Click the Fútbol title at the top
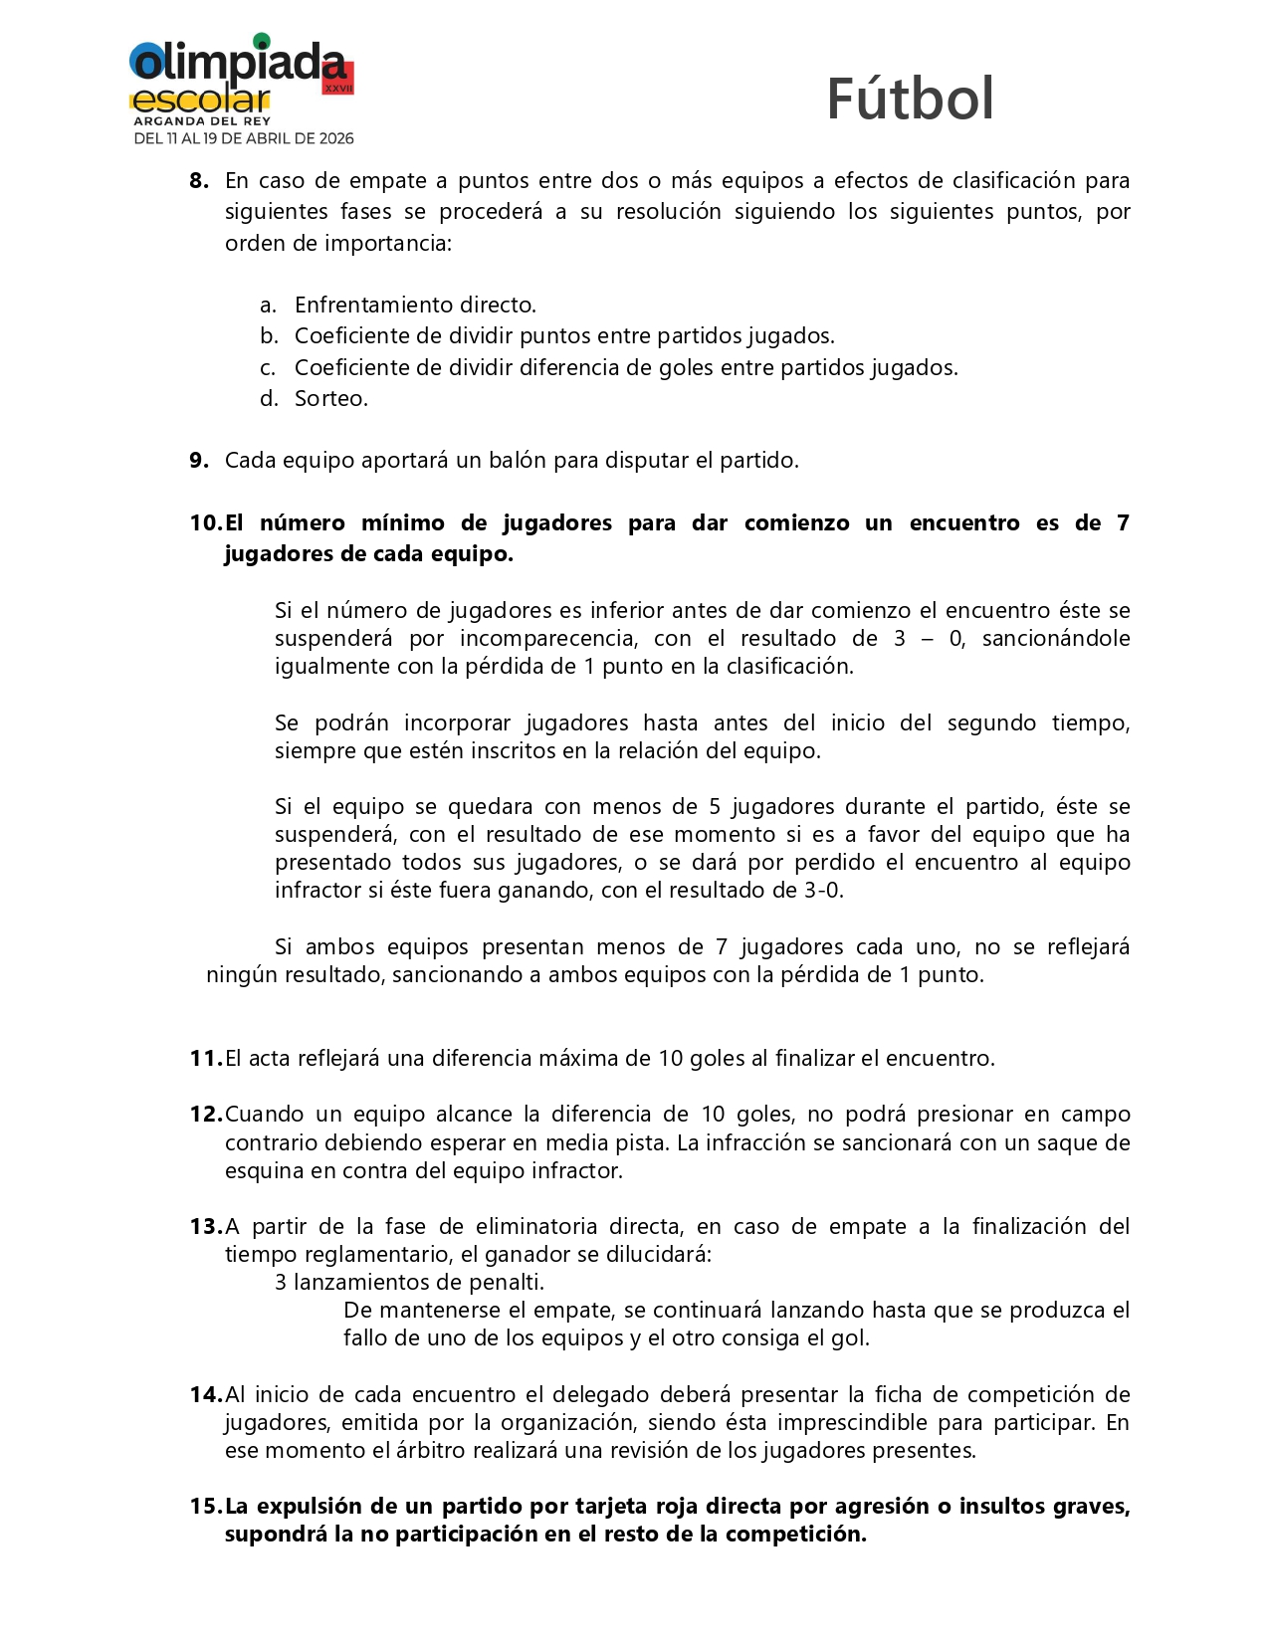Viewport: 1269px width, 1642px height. (910, 100)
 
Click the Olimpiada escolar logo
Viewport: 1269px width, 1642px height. (241, 89)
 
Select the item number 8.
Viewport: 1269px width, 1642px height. (199, 181)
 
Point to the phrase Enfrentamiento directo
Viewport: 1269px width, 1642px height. (415, 306)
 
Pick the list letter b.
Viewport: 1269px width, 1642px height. (268, 336)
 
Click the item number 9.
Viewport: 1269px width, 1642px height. (199, 461)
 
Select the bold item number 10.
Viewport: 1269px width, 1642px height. (206, 523)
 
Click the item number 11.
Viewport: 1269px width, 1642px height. (205, 1059)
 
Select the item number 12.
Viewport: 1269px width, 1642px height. (206, 1115)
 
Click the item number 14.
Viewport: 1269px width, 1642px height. (206, 1395)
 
